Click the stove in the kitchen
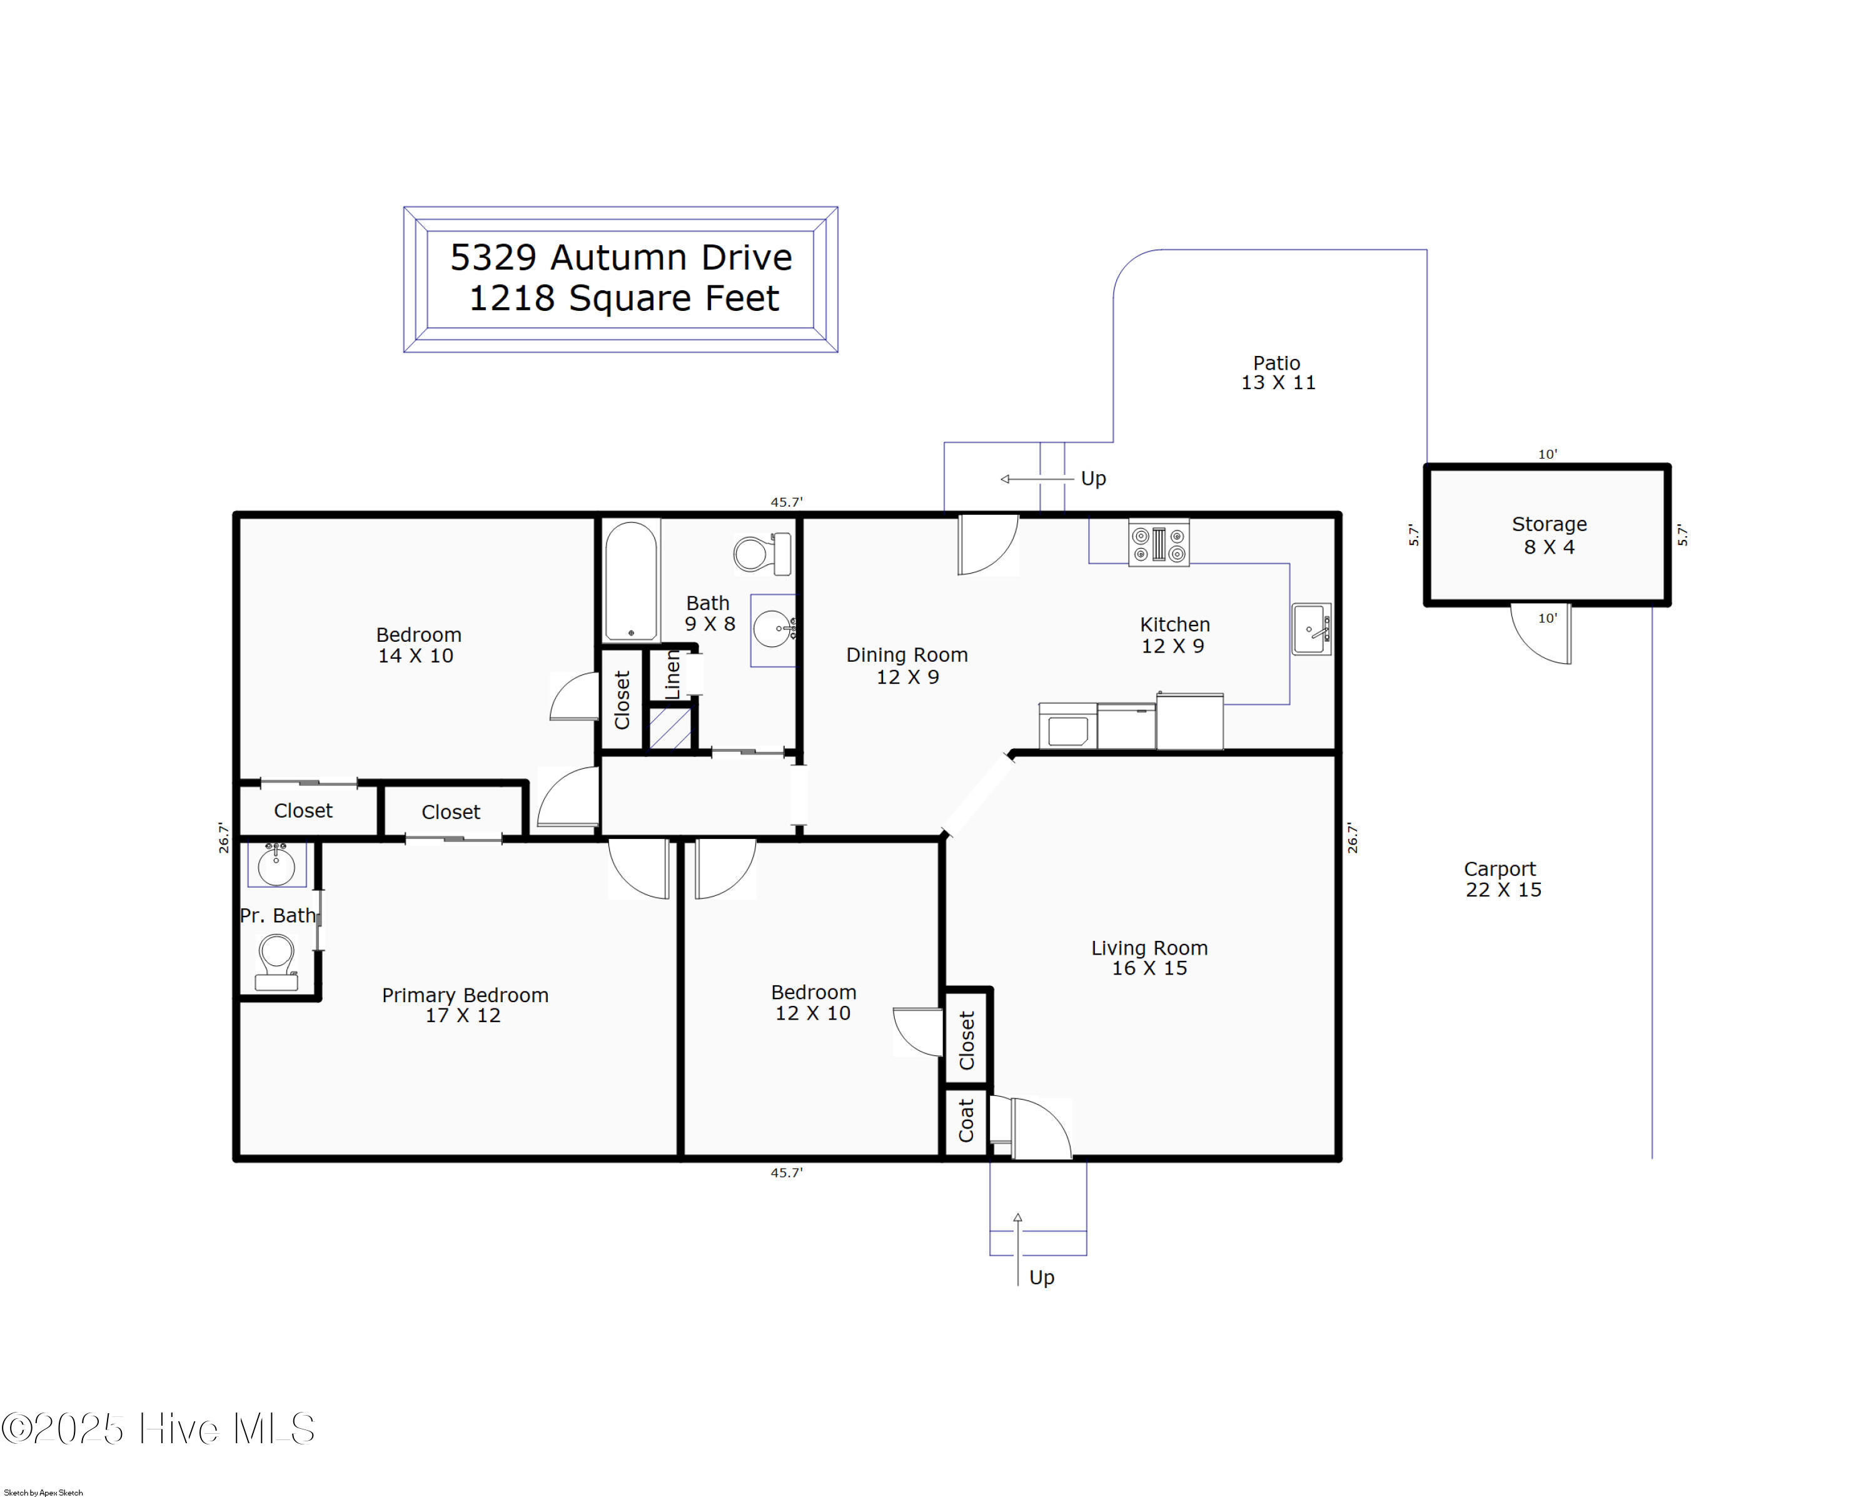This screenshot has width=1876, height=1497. pos(1158,543)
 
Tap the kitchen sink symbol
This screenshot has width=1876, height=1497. pos(1311,629)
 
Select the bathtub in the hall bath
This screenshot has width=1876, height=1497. pos(631,581)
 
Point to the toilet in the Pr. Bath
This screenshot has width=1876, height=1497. pos(276,962)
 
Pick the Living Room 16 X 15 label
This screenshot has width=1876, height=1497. pos(1149,957)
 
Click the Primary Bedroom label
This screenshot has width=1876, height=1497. pos(465,1005)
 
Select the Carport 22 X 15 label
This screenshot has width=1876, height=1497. pos(1502,879)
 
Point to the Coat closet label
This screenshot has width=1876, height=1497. pos(966,1120)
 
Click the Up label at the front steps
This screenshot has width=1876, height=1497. pos(1042,1277)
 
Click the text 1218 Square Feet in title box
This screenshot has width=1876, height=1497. pos(624,298)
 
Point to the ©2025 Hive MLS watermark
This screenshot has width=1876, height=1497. pos(158,1428)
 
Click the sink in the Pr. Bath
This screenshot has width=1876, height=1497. pos(276,865)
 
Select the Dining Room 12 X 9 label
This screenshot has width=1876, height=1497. pos(907,666)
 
